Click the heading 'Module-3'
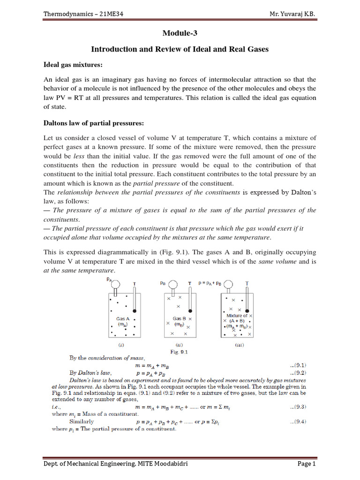tap(180, 33)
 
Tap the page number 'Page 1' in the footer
tap(307, 464)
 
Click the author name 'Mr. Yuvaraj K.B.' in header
tap(291, 14)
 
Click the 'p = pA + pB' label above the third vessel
tap(210, 284)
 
